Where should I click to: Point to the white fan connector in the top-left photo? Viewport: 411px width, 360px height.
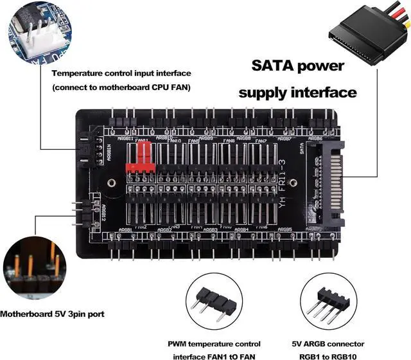click(32, 29)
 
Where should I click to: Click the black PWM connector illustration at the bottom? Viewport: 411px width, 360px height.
click(214, 302)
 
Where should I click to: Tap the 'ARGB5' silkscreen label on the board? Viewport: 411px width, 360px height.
click(284, 230)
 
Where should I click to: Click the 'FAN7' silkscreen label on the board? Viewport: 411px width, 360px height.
click(260, 141)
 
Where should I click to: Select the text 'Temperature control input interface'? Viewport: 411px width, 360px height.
click(122, 73)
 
